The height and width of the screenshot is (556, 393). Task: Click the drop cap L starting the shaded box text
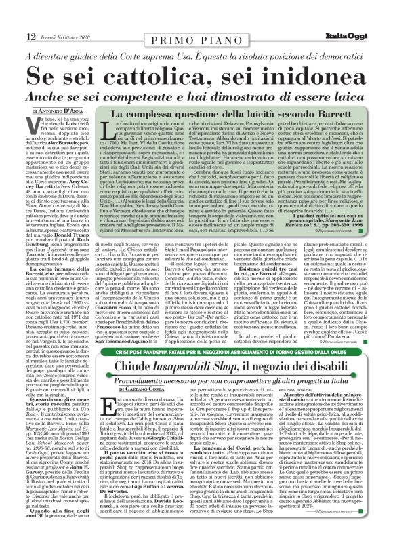pyautogui.click(x=110, y=138)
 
